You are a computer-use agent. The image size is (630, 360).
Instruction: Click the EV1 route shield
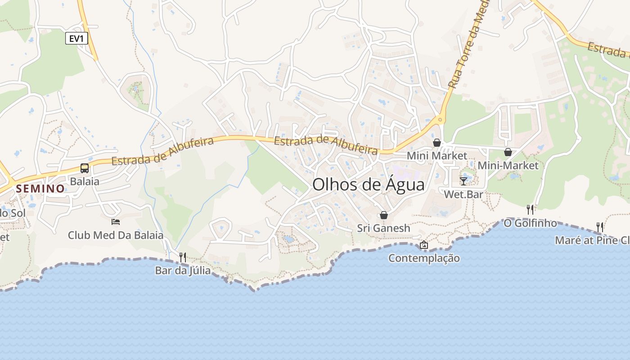(x=76, y=39)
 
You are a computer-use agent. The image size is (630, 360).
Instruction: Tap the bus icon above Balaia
(x=85, y=168)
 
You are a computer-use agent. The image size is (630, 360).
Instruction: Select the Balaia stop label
(x=85, y=181)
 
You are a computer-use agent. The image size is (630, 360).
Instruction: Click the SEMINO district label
(x=40, y=189)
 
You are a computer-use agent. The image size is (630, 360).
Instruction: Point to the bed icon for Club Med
(x=116, y=221)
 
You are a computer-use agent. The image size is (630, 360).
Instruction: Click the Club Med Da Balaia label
(x=116, y=235)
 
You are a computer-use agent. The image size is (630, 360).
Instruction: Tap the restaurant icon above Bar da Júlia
(x=183, y=257)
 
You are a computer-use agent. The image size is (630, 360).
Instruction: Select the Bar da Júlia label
(x=183, y=270)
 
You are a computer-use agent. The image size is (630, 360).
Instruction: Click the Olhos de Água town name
(x=368, y=184)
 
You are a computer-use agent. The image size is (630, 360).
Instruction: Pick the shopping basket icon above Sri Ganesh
(x=384, y=215)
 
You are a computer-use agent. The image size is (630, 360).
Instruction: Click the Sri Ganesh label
(x=384, y=228)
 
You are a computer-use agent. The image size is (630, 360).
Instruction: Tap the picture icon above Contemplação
(x=424, y=245)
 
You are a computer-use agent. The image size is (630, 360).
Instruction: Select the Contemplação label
(x=424, y=258)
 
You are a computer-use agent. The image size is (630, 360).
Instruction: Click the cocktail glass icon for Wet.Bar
(x=463, y=181)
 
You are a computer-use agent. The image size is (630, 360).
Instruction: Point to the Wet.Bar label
(x=463, y=194)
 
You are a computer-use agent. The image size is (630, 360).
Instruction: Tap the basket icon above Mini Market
(x=436, y=143)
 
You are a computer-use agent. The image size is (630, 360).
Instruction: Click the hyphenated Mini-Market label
(x=508, y=165)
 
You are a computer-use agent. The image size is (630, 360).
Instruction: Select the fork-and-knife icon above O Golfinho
(x=530, y=209)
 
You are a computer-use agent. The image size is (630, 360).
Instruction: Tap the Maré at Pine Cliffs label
(x=592, y=240)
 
